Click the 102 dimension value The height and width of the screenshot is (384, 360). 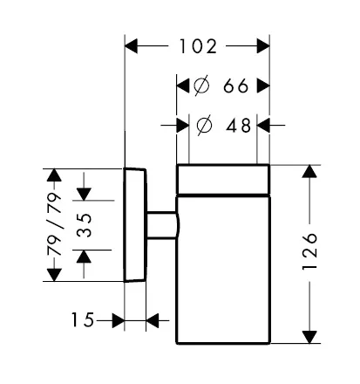click(198, 46)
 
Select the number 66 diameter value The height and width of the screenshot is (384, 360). click(236, 86)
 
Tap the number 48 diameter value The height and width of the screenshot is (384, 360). click(238, 126)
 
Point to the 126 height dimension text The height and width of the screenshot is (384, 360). click(309, 251)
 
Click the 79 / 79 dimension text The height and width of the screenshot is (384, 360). click(55, 223)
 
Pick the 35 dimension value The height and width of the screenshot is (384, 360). click(85, 225)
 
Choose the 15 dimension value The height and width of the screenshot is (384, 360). click(83, 320)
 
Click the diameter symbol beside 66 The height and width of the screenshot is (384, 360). click(201, 86)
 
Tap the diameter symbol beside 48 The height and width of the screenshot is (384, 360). click(204, 125)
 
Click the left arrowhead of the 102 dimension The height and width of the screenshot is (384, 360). click(131, 46)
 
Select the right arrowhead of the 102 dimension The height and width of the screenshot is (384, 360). click(263, 46)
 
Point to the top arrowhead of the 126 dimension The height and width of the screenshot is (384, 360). click(309, 171)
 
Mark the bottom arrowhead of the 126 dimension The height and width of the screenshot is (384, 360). click(309, 337)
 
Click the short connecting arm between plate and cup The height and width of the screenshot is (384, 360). click(161, 225)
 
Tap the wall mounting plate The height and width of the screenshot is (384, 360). click(135, 225)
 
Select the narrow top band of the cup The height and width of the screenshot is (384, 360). click(223, 179)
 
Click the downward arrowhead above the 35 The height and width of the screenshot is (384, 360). click(84, 195)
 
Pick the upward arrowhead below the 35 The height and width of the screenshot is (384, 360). click(84, 257)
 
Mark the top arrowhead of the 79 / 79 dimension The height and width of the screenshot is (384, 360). click(54, 175)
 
